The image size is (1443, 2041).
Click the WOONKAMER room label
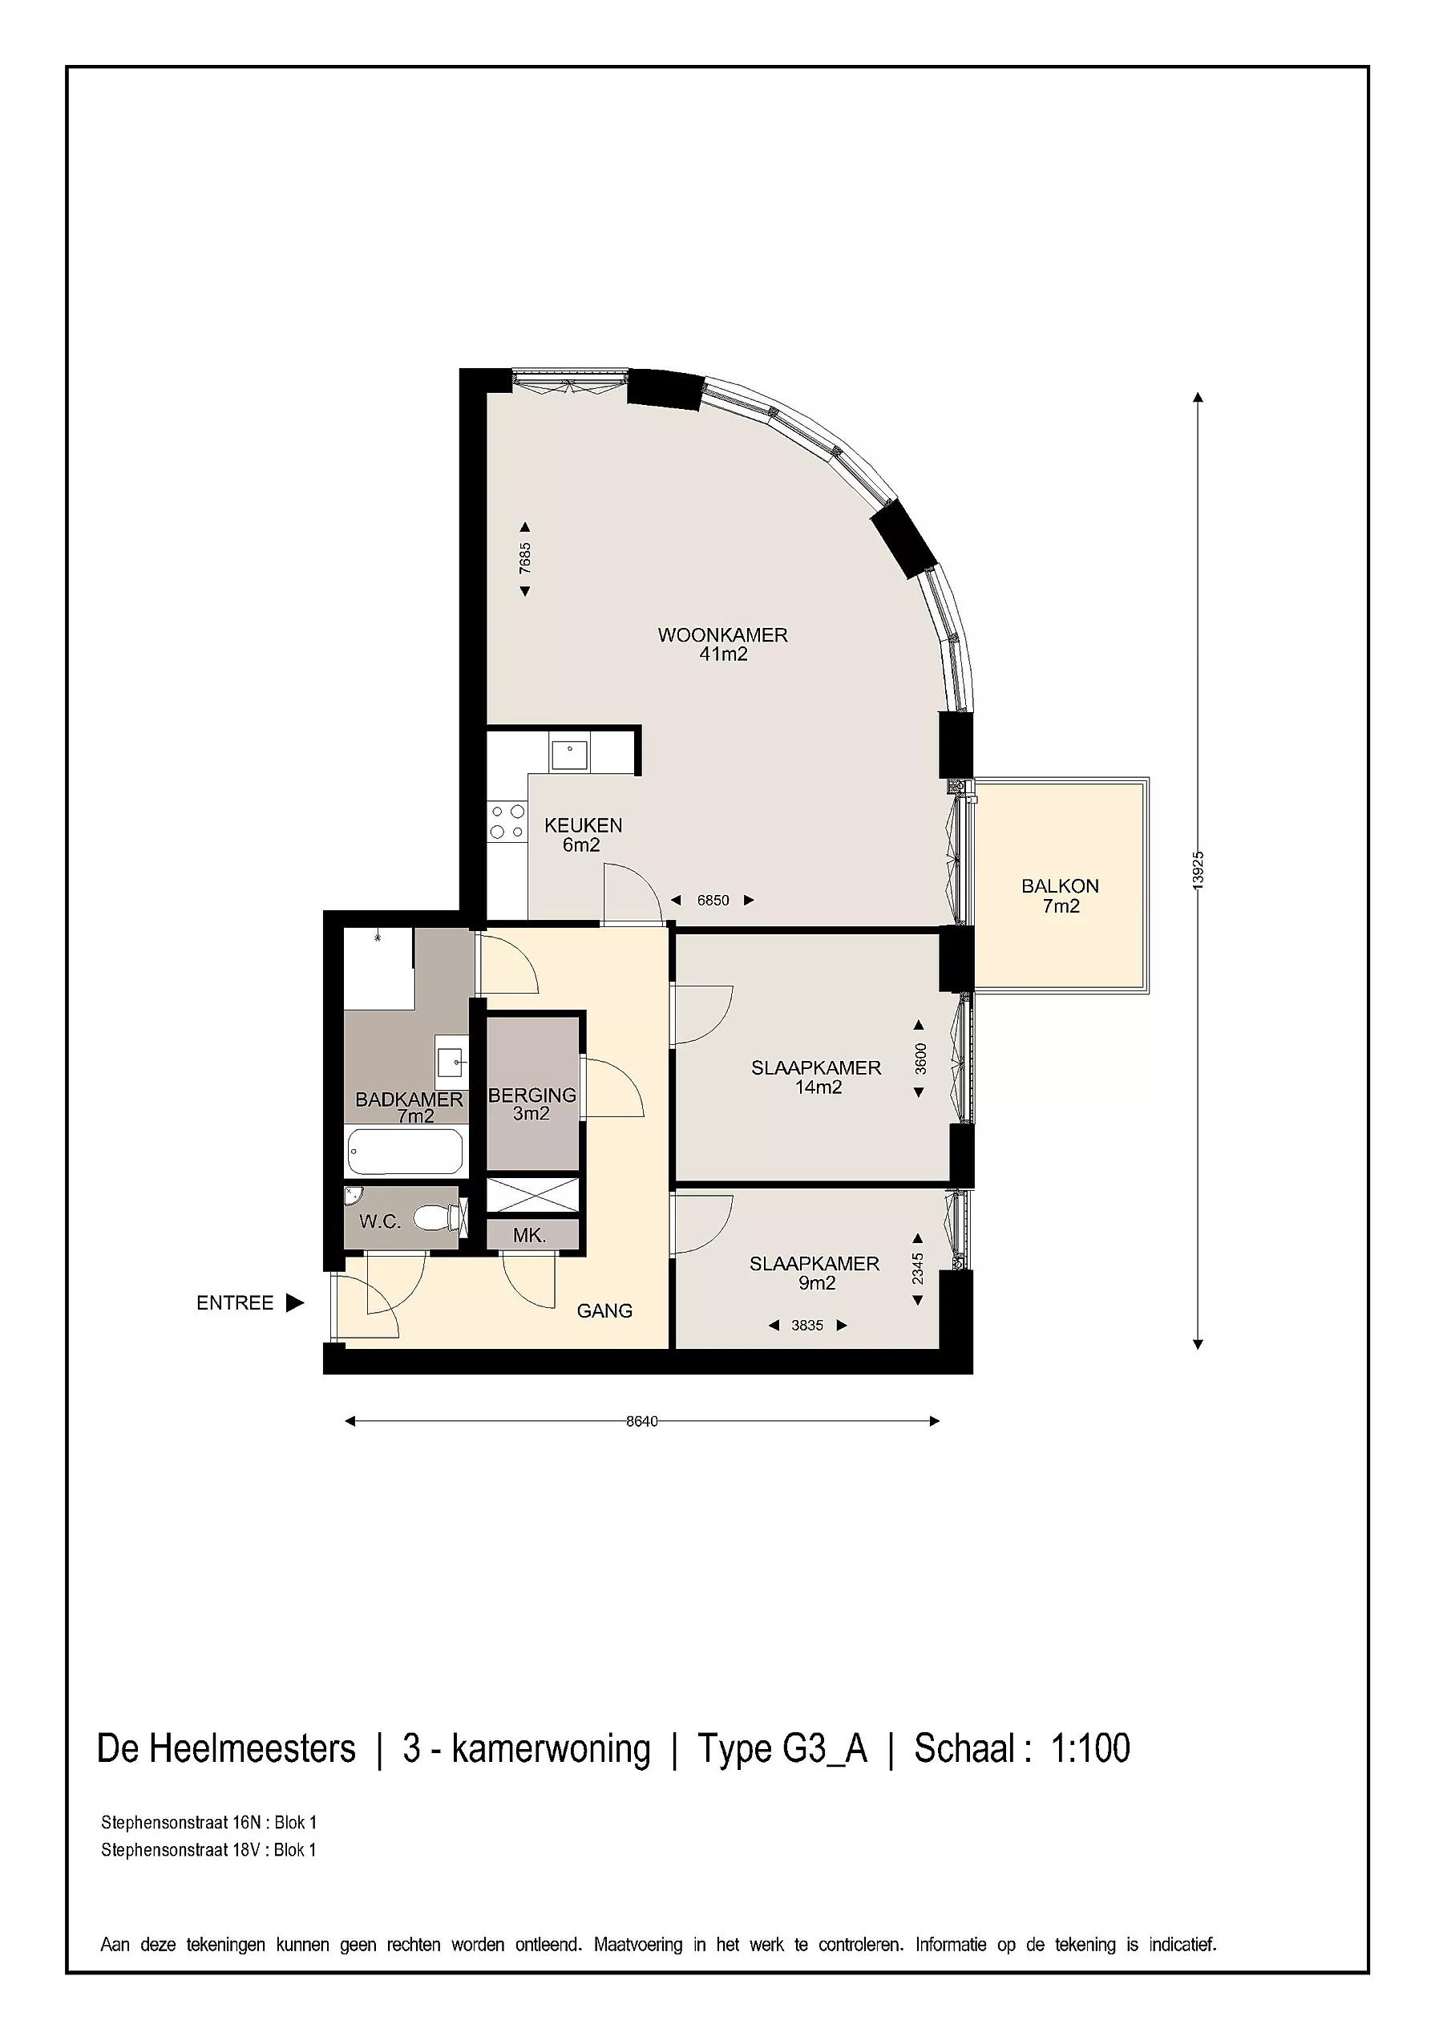pyautogui.click(x=722, y=634)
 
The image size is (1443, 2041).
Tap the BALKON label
pyautogui.click(x=1060, y=885)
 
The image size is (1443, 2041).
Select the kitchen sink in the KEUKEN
pyautogui.click(x=569, y=754)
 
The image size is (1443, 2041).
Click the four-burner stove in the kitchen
pyautogui.click(x=507, y=821)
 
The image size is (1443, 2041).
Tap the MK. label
pyautogui.click(x=530, y=1235)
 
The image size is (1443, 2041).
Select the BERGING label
pyautogui.click(x=532, y=1095)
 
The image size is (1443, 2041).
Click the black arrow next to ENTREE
pyautogui.click(x=295, y=1302)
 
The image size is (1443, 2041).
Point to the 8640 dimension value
pyautogui.click(x=642, y=1420)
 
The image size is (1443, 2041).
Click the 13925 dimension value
pyautogui.click(x=1198, y=869)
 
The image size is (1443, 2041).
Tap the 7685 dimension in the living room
pyautogui.click(x=525, y=558)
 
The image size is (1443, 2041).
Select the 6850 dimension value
pyautogui.click(x=713, y=901)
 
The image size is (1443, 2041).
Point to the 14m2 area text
pyautogui.click(x=819, y=1087)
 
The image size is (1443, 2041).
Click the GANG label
pyautogui.click(x=604, y=1310)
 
